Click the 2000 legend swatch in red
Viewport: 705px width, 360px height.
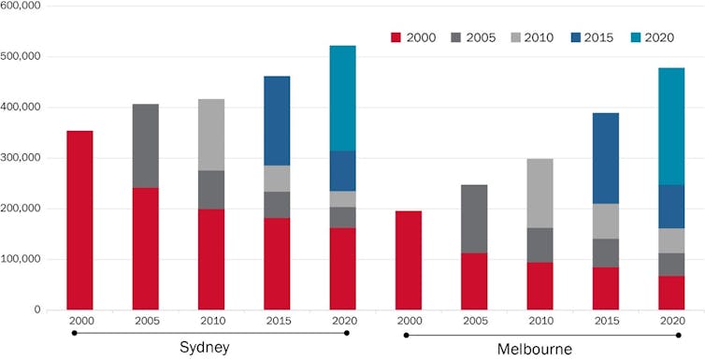click(395, 38)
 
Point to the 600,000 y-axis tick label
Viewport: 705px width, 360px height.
click(22, 7)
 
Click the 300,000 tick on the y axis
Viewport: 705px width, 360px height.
click(22, 158)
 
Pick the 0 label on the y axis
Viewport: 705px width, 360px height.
click(37, 310)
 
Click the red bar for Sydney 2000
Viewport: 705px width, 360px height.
click(79, 220)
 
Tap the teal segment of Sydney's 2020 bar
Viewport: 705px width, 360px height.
click(342, 98)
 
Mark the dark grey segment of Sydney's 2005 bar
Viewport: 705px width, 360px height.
click(145, 146)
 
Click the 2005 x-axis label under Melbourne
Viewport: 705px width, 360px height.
click(474, 320)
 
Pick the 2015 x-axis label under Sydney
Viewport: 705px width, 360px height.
click(277, 320)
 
